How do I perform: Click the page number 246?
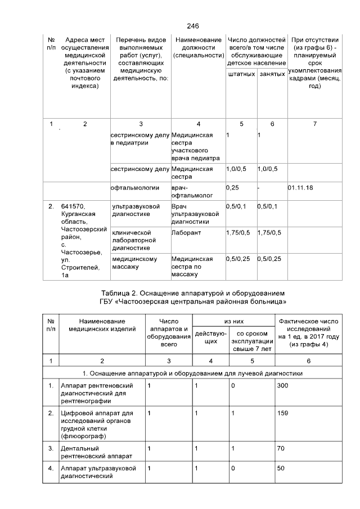[x=193, y=26]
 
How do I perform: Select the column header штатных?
[x=241, y=74]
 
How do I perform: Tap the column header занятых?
[x=272, y=74]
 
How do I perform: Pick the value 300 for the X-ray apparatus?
[x=282, y=386]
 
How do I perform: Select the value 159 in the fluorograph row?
[x=282, y=413]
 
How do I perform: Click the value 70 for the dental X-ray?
[x=280, y=448]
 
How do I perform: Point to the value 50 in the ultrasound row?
[x=280, y=468]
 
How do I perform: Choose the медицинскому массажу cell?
[x=134, y=263]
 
